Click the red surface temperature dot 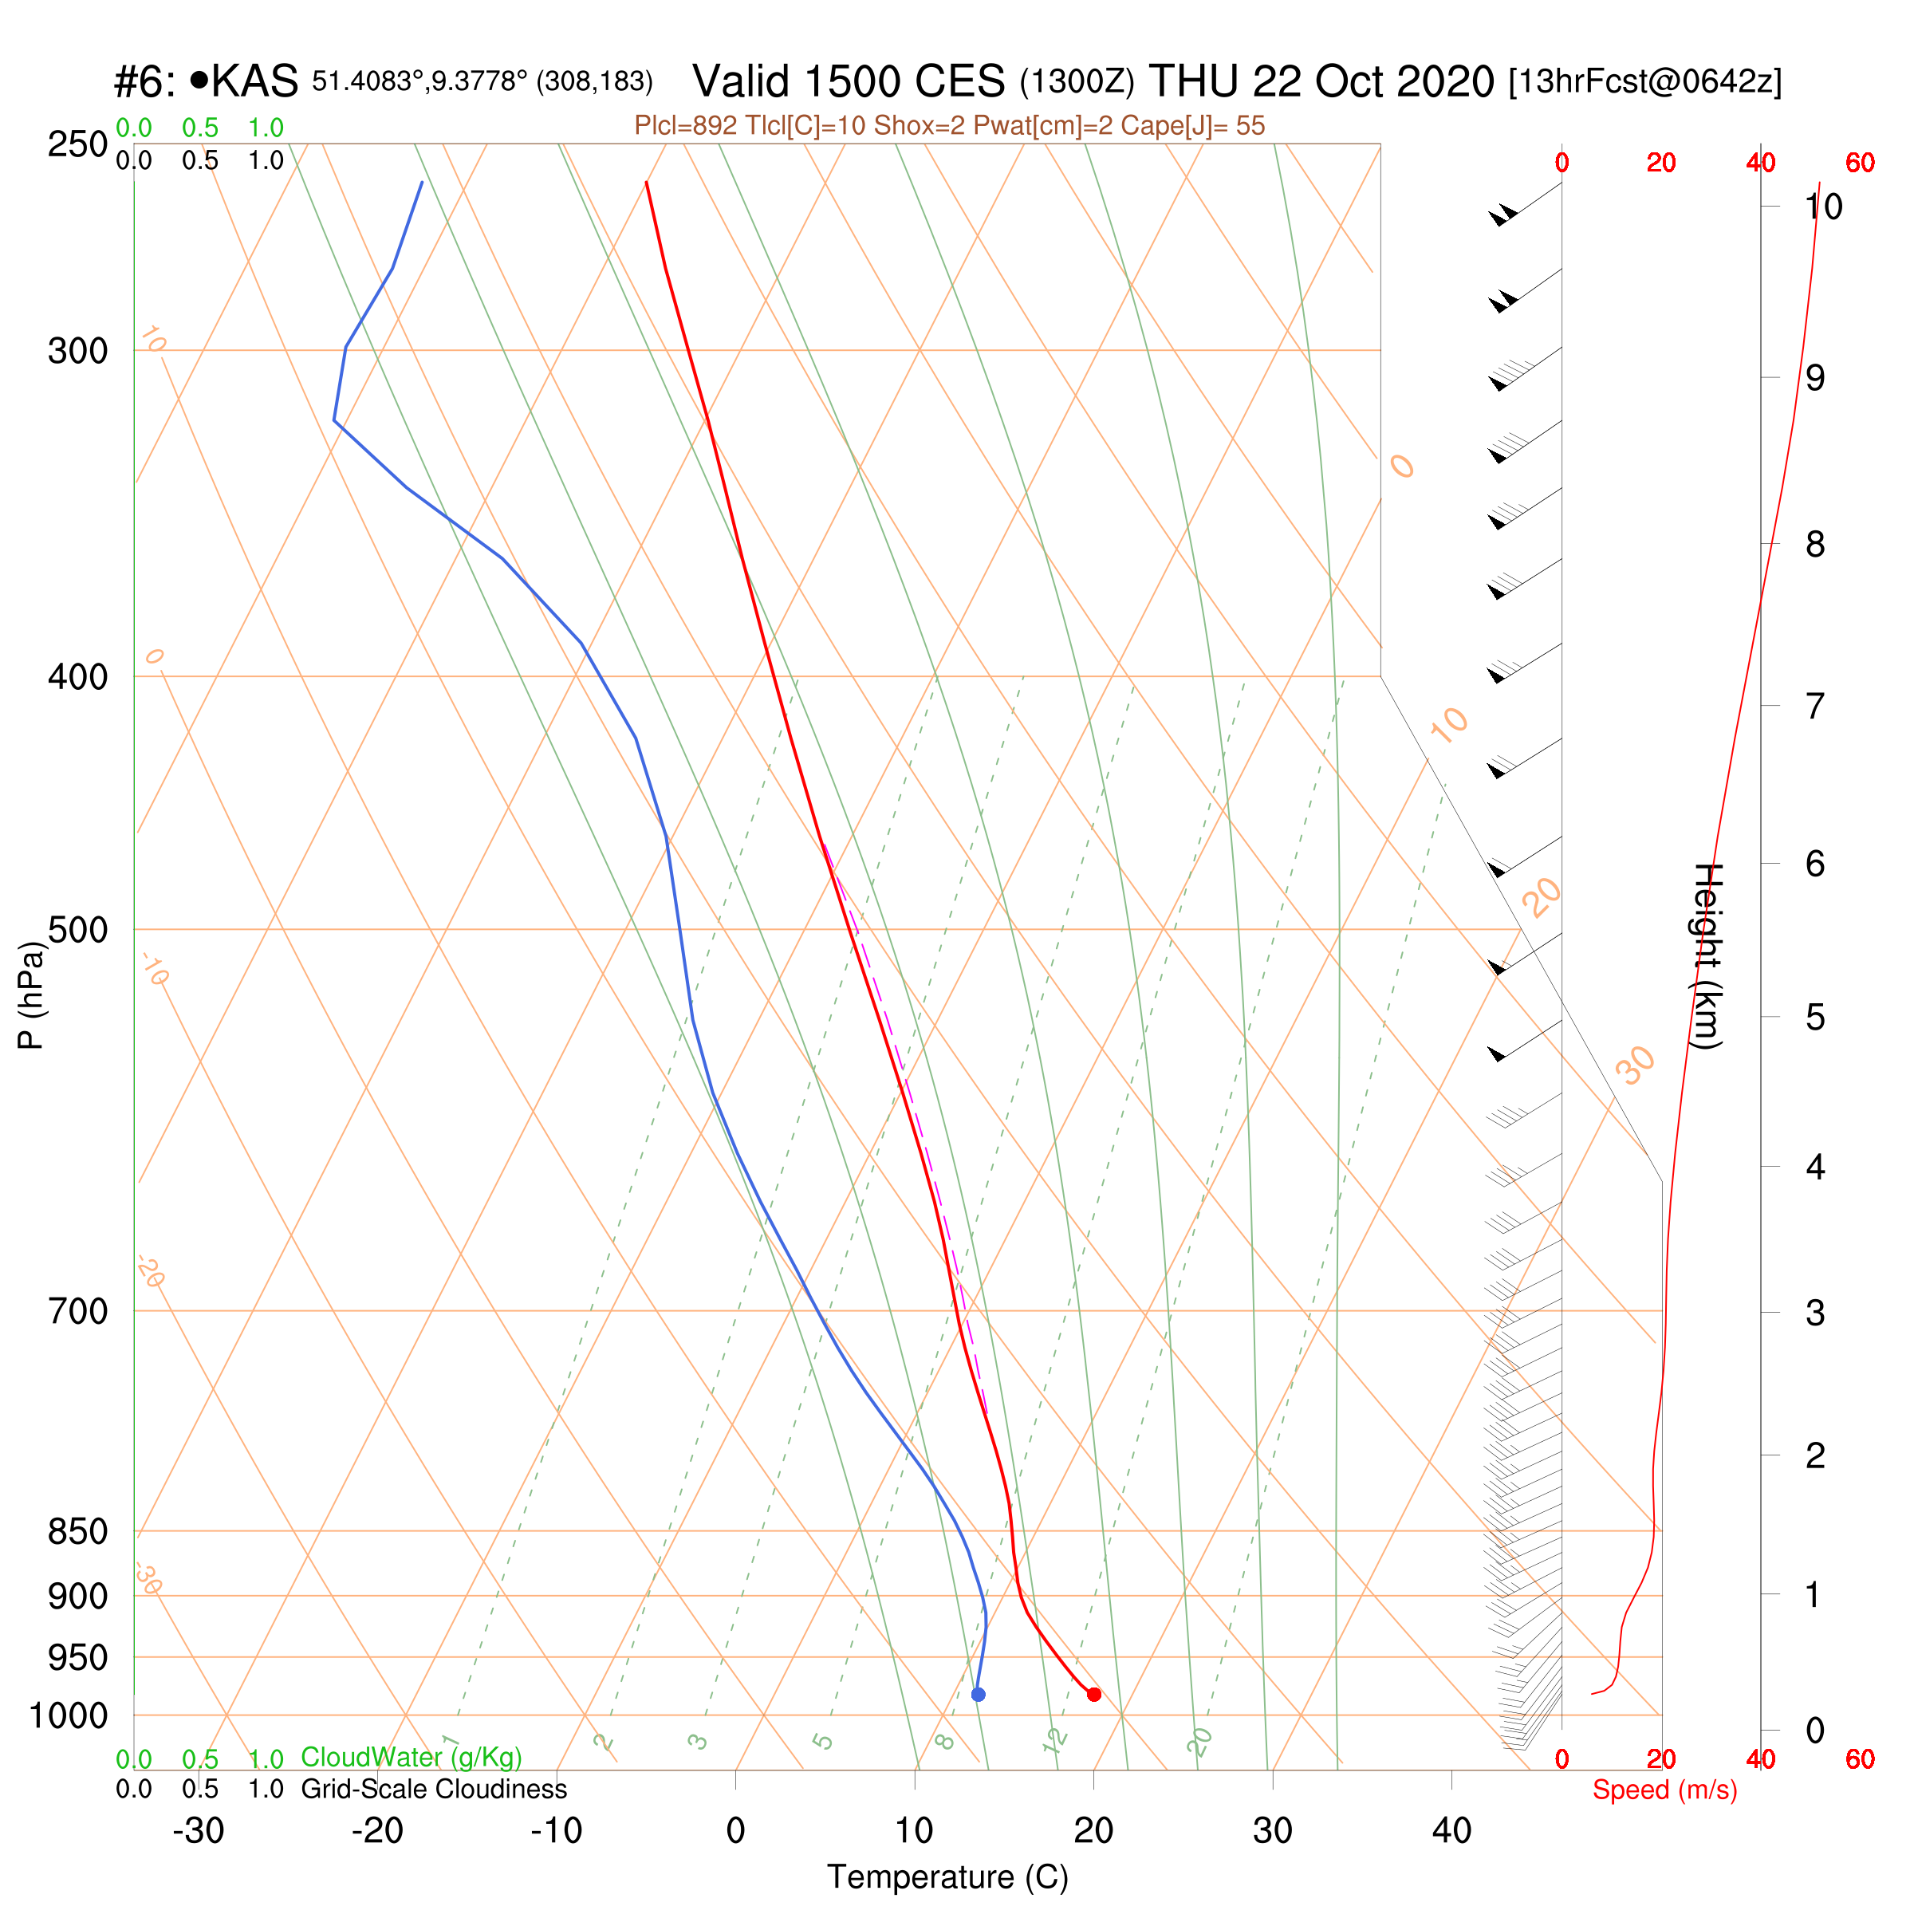1093,1694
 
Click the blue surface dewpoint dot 978,1694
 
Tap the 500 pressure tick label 78,930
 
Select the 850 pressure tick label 78,1531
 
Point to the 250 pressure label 78,144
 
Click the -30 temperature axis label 198,1831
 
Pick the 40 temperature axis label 1451,1831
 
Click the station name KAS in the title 254,81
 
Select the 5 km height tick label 1815,1018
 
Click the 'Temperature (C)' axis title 948,1877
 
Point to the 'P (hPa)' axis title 32,994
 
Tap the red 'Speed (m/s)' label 1664,1790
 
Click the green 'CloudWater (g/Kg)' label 412,1758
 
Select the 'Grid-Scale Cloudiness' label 434,1789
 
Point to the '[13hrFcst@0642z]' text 1644,82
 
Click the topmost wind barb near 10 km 1526,203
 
